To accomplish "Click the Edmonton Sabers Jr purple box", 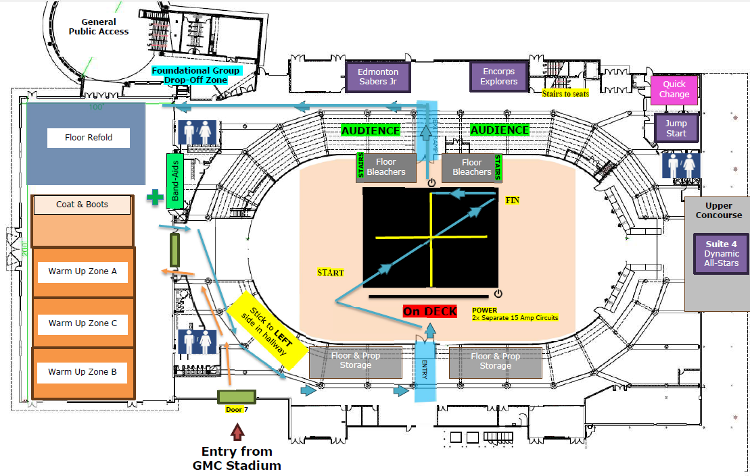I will coord(378,76).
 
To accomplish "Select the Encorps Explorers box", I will coord(499,76).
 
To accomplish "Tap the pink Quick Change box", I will coord(674,89).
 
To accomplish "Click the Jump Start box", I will coord(676,128).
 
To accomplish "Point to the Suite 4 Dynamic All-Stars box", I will coord(722,254).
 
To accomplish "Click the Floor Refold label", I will coord(89,138).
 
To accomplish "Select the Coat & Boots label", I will coord(82,205).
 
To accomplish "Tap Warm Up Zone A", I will coord(83,271).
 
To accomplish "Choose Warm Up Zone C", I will coord(83,323).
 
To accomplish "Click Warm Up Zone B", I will coord(83,372).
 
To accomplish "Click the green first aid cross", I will coord(156,198).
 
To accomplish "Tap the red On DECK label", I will coord(429,311).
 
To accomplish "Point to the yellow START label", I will coord(331,273).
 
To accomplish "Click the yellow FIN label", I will coord(512,201).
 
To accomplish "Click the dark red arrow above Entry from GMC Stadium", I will coord(236,431).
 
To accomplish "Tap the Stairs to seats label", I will coord(565,94).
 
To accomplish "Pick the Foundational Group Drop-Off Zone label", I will coord(195,75).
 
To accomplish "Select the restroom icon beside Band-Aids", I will coord(196,132).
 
